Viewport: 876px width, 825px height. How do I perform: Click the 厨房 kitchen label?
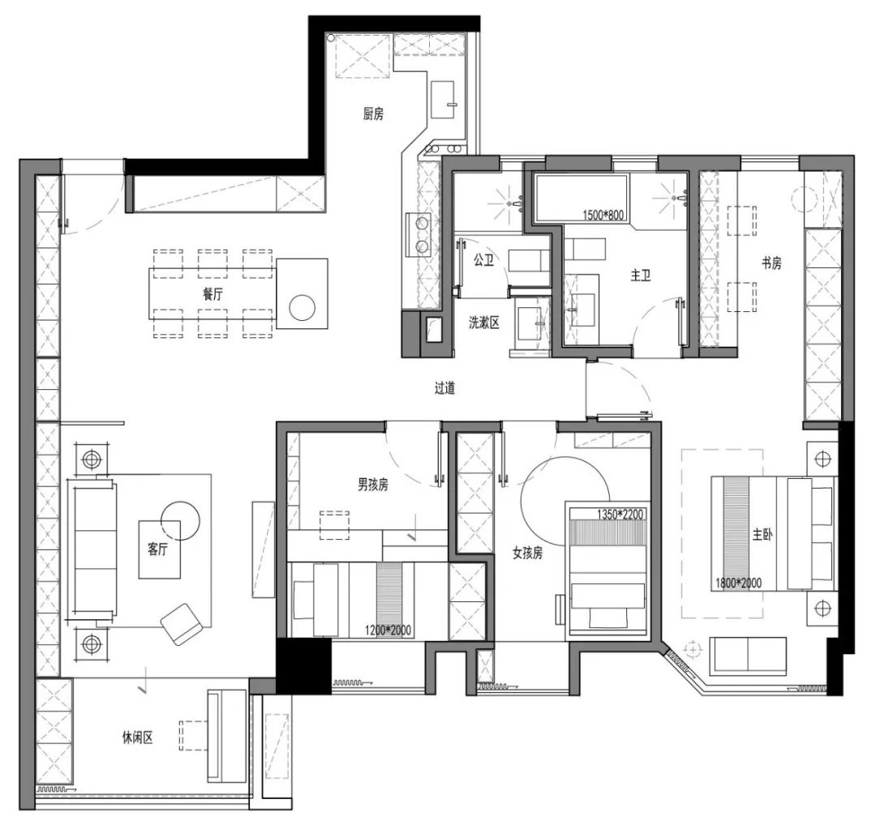click(373, 114)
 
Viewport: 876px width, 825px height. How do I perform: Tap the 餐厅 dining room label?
click(213, 293)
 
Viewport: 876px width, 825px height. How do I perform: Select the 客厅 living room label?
click(157, 549)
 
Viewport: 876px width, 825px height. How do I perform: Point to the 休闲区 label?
click(137, 738)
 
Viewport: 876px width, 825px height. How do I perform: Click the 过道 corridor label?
click(444, 387)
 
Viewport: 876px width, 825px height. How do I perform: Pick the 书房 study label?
click(771, 263)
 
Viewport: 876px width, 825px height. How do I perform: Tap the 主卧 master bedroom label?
click(762, 535)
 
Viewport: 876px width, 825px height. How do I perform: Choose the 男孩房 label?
click(373, 485)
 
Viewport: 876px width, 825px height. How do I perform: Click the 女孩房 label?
click(527, 553)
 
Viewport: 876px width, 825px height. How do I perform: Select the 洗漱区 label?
click(483, 322)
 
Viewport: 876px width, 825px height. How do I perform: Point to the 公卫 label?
click(483, 259)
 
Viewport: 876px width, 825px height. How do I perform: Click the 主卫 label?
click(641, 276)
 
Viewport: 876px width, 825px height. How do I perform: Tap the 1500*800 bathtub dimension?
click(603, 215)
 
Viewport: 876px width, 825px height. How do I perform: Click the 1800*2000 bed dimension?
click(739, 583)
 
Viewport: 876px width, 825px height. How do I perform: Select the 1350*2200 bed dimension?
click(620, 514)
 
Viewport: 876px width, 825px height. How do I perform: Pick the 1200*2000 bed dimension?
click(389, 631)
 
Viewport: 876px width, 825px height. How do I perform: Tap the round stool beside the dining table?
click(303, 308)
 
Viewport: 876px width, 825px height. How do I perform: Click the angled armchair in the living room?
click(181, 624)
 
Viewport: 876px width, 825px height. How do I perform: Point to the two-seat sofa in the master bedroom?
click(748, 654)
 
